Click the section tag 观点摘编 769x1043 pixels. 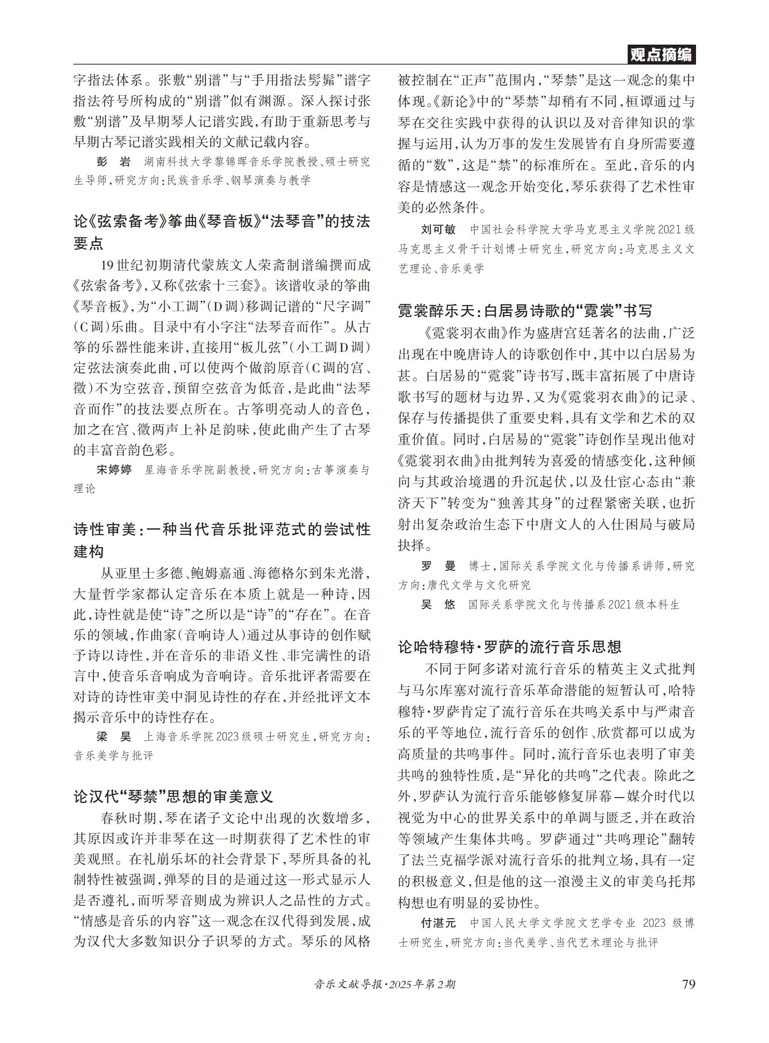(x=661, y=54)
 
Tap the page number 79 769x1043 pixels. (x=688, y=984)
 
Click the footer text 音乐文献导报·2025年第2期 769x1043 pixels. (x=384, y=984)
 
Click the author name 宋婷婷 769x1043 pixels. (x=114, y=469)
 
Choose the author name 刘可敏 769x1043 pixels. (x=438, y=230)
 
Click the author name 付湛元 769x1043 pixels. (x=438, y=923)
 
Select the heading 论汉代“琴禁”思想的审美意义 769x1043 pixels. (x=173, y=796)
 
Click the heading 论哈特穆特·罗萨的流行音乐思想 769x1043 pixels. (x=510, y=647)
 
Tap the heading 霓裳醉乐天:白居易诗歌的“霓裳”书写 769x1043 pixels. (x=525, y=310)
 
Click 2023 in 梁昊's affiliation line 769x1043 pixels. (x=227, y=737)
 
